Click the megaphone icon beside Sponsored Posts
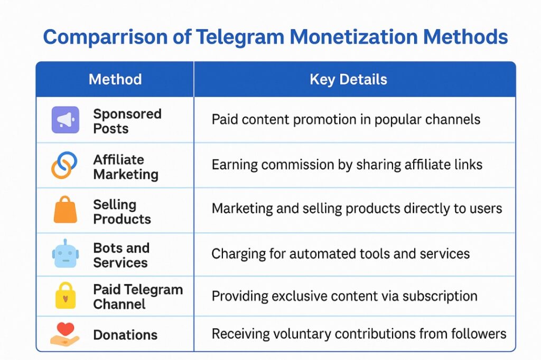(x=66, y=120)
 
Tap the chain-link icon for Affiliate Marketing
(x=64, y=165)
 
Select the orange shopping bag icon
(x=66, y=210)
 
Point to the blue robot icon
(x=66, y=254)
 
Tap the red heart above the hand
(x=66, y=329)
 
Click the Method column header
(x=115, y=80)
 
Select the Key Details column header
(x=348, y=80)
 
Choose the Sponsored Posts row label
(x=127, y=121)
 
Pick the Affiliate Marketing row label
(x=126, y=167)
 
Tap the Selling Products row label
(x=122, y=212)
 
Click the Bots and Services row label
(x=121, y=255)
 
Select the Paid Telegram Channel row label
(x=138, y=297)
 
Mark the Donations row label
(x=125, y=335)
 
